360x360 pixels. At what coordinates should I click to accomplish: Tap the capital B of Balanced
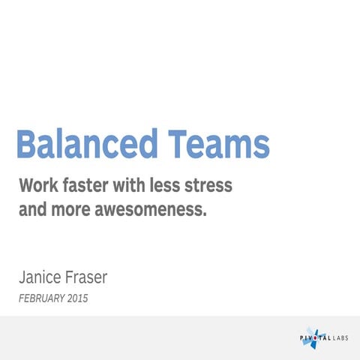coord(28,144)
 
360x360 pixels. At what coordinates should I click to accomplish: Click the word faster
coord(88,185)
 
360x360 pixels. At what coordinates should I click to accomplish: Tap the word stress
coord(214,185)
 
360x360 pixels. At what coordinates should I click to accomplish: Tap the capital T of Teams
coord(178,144)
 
